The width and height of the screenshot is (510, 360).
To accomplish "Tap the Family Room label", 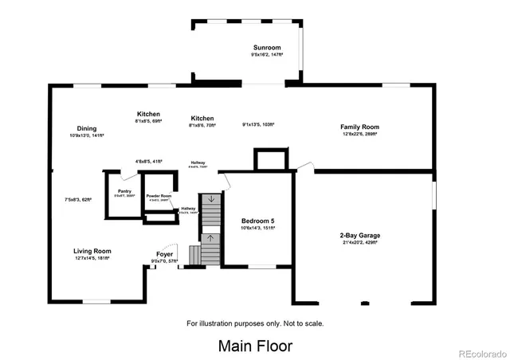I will click(x=359, y=127).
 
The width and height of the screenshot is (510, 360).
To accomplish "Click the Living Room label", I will click(x=92, y=251).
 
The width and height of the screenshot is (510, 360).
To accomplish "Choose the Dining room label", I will click(x=87, y=128).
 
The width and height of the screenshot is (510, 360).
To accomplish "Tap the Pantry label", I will click(x=124, y=191).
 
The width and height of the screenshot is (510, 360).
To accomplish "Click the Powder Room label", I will click(x=159, y=196).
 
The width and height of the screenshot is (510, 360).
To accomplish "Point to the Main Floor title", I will click(x=255, y=346).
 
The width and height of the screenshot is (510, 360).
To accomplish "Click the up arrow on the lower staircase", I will click(x=211, y=237).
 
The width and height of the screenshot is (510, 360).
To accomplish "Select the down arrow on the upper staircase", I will click(x=211, y=200).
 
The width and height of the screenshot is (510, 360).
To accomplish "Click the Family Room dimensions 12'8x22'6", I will click(x=359, y=135).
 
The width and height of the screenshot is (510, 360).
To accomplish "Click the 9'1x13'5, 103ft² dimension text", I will click(x=258, y=124).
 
